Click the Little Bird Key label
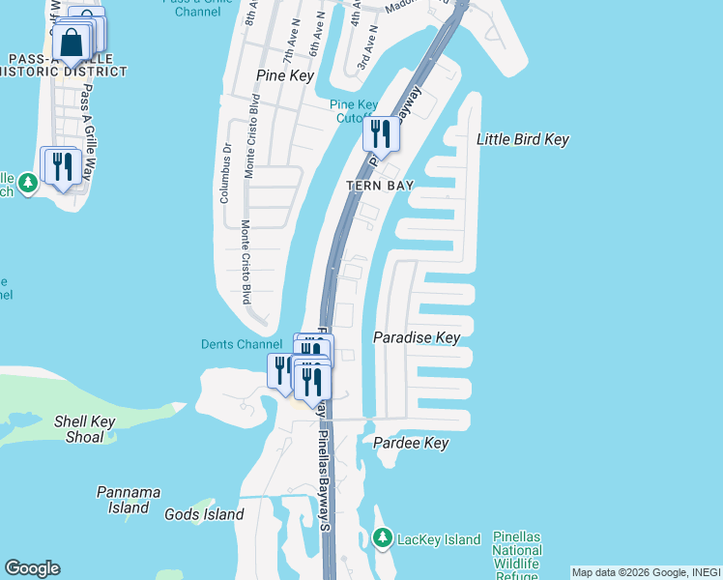tap(522, 139)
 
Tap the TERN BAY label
tap(381, 186)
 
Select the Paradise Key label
tap(417, 337)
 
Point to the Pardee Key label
tap(411, 443)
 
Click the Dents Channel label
tap(242, 344)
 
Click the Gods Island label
tap(204, 514)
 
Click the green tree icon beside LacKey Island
tap(383, 537)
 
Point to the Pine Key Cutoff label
tap(354, 111)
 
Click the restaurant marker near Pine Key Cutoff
tap(381, 133)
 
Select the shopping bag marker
tap(72, 42)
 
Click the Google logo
tap(32, 568)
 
